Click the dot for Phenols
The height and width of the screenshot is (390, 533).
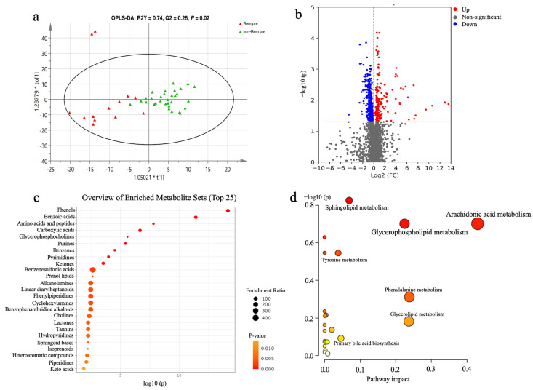228,211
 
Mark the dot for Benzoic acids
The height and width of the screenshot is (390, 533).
196,217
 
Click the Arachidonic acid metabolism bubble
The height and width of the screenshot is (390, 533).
478,223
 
